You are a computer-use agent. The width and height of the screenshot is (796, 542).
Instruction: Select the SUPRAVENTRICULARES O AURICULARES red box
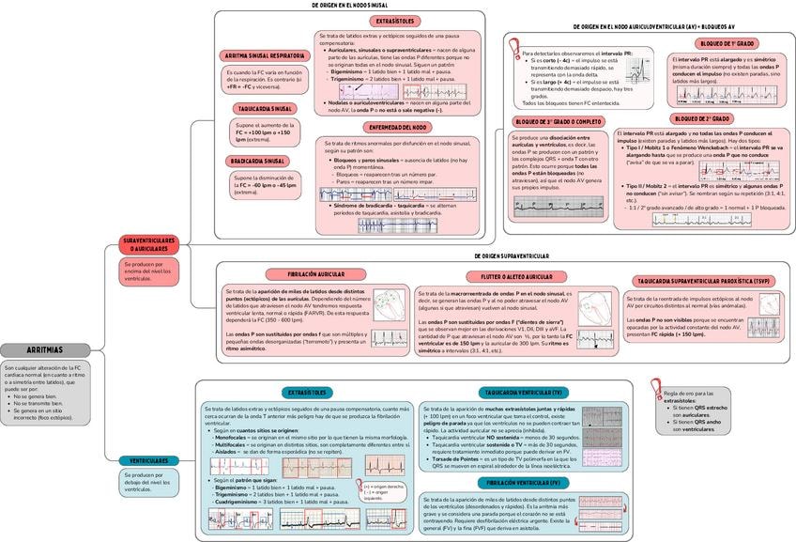tap(149, 245)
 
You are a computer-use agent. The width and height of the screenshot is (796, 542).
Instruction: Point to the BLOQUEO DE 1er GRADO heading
tap(727, 44)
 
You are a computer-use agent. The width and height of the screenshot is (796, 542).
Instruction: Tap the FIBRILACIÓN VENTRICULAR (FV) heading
tap(523, 482)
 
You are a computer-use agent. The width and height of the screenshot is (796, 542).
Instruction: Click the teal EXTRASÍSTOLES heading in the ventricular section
tap(307, 392)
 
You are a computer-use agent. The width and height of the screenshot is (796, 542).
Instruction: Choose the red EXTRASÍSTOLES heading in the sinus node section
tap(394, 21)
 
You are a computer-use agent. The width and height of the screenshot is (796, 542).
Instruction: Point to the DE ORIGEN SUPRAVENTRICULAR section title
tap(511, 256)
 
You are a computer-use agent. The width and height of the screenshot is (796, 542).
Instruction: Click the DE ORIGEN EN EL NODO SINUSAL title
tap(349, 5)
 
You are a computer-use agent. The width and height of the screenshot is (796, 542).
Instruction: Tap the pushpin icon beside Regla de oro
tap(656, 388)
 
